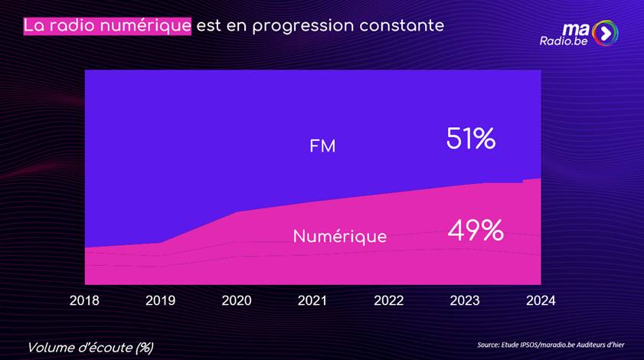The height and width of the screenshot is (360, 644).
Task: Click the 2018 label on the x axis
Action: (84, 300)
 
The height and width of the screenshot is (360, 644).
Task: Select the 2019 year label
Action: (160, 300)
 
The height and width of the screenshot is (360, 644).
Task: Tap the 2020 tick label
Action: (237, 300)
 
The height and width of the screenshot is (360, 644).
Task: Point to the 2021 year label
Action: (312, 300)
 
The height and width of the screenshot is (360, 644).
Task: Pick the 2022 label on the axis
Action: (388, 300)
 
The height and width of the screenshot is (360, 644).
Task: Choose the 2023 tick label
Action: (465, 300)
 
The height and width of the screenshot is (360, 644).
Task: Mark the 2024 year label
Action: (541, 300)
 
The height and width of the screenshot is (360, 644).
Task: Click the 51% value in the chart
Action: (471, 139)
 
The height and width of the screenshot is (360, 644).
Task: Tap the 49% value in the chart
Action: (476, 231)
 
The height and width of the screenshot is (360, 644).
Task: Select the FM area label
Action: (322, 146)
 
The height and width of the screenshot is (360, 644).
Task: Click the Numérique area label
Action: (340, 237)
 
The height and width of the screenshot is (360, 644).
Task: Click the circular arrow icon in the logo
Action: (605, 33)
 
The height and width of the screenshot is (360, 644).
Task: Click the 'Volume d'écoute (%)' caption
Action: (90, 347)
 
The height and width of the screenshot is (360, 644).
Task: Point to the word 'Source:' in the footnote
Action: (490, 345)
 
